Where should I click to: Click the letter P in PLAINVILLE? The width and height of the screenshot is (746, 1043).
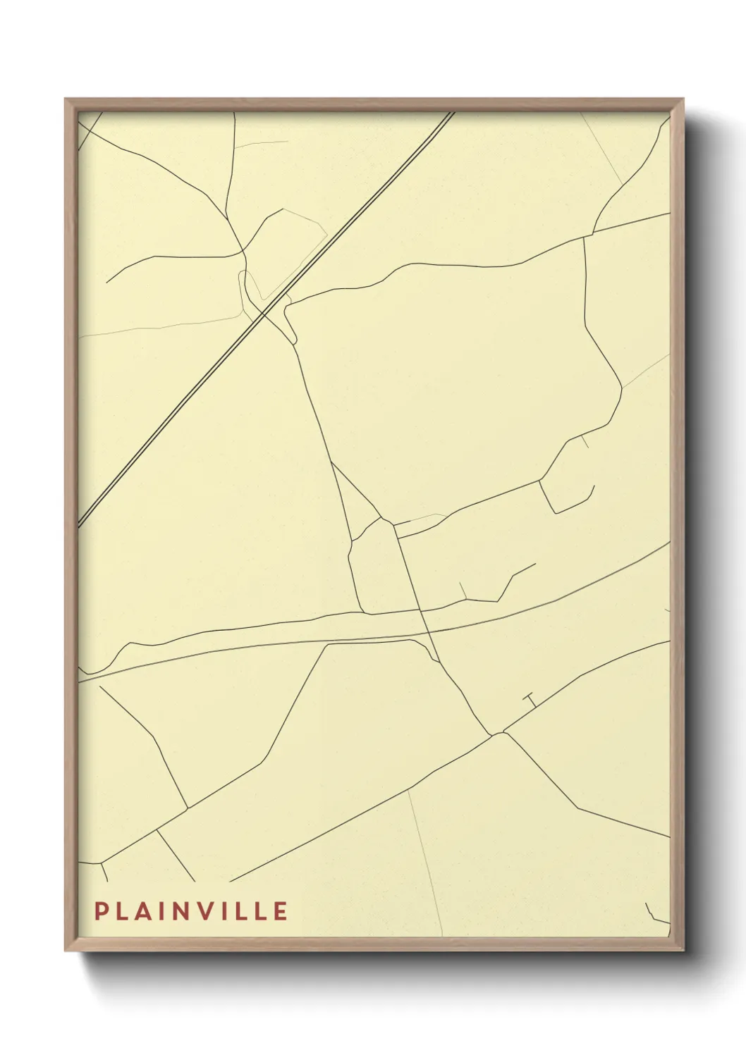101,911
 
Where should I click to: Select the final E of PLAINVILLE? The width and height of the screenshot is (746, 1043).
280,911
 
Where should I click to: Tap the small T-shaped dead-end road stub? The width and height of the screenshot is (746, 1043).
530,700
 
